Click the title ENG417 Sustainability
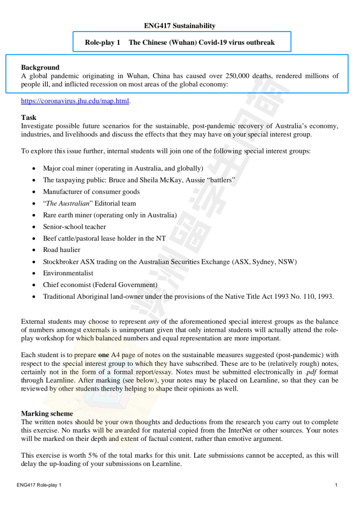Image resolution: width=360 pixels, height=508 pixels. coord(179,26)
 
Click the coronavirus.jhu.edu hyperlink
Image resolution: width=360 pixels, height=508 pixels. coord(75,101)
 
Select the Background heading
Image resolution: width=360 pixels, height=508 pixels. coord(40,68)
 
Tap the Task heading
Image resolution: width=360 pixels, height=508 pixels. coord(29,117)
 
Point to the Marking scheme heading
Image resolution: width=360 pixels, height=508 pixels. coord(47,414)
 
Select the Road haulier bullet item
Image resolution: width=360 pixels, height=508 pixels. coord(62,250)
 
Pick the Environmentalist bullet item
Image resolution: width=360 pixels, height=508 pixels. coord(68,273)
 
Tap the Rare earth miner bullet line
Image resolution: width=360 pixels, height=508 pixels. coord(110,215)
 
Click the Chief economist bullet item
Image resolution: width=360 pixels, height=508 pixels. coord(100,285)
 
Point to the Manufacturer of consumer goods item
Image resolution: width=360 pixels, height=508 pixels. coord(91,192)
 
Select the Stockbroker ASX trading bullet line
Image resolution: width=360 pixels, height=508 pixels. coord(169,262)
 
